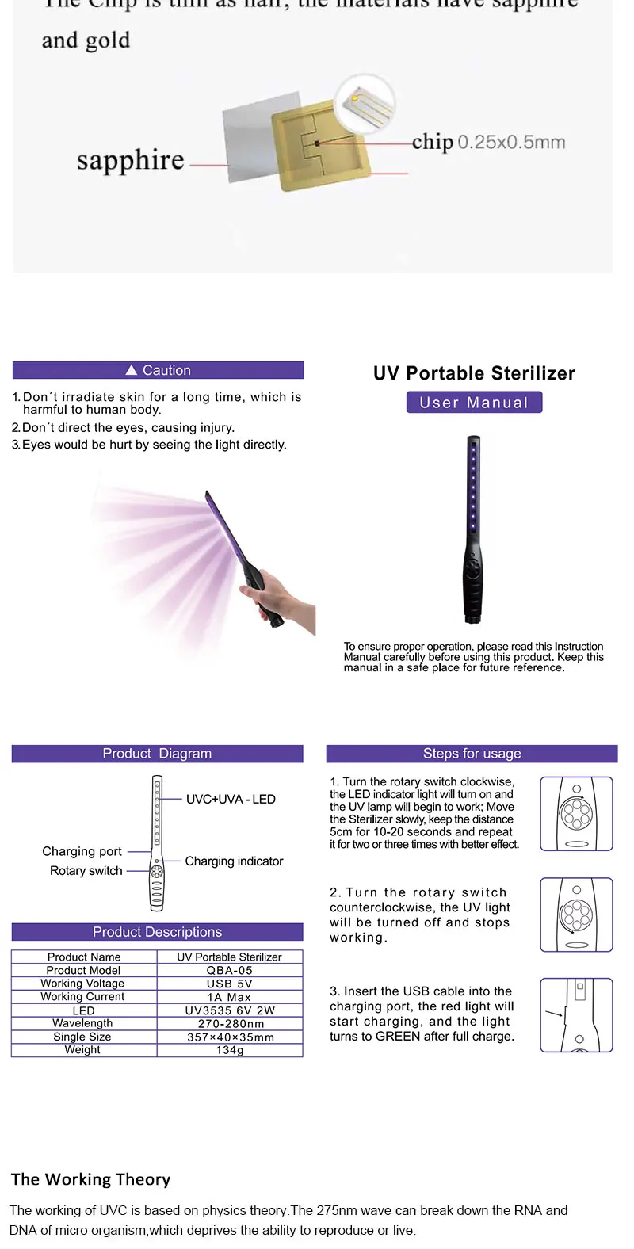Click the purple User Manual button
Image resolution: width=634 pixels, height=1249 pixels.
point(474,403)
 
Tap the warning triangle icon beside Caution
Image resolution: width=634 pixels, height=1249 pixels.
point(132,370)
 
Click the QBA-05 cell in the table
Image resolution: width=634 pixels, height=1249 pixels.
point(230,970)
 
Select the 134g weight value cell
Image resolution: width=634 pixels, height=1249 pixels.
point(230,1050)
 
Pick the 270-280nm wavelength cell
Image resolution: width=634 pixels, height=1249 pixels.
point(230,1023)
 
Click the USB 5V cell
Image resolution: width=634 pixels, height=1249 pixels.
point(230,984)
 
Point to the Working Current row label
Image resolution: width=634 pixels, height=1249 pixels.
point(82,997)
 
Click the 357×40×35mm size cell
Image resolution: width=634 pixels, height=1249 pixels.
point(230,1037)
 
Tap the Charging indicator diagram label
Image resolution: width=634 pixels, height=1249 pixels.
point(234,861)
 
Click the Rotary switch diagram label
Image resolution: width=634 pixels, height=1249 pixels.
point(86,871)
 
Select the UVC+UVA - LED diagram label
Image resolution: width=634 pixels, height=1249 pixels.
point(231,800)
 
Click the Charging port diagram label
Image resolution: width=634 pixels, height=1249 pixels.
point(82,851)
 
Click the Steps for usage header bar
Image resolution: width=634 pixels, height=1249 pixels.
point(472,754)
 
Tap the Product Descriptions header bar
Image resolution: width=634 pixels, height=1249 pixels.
point(157,932)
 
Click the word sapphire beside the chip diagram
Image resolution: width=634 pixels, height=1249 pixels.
point(130,160)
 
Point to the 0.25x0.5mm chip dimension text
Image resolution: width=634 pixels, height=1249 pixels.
point(511,143)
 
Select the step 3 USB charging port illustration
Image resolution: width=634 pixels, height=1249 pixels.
point(576,1015)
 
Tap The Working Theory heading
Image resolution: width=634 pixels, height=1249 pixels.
point(91,1179)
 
